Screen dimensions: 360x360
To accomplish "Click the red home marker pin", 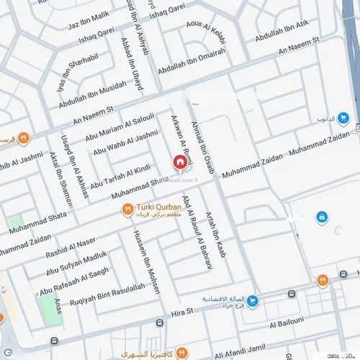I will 180,163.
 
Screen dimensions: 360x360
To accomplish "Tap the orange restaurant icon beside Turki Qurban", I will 127,210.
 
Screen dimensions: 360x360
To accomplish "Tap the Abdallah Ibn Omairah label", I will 192,64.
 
